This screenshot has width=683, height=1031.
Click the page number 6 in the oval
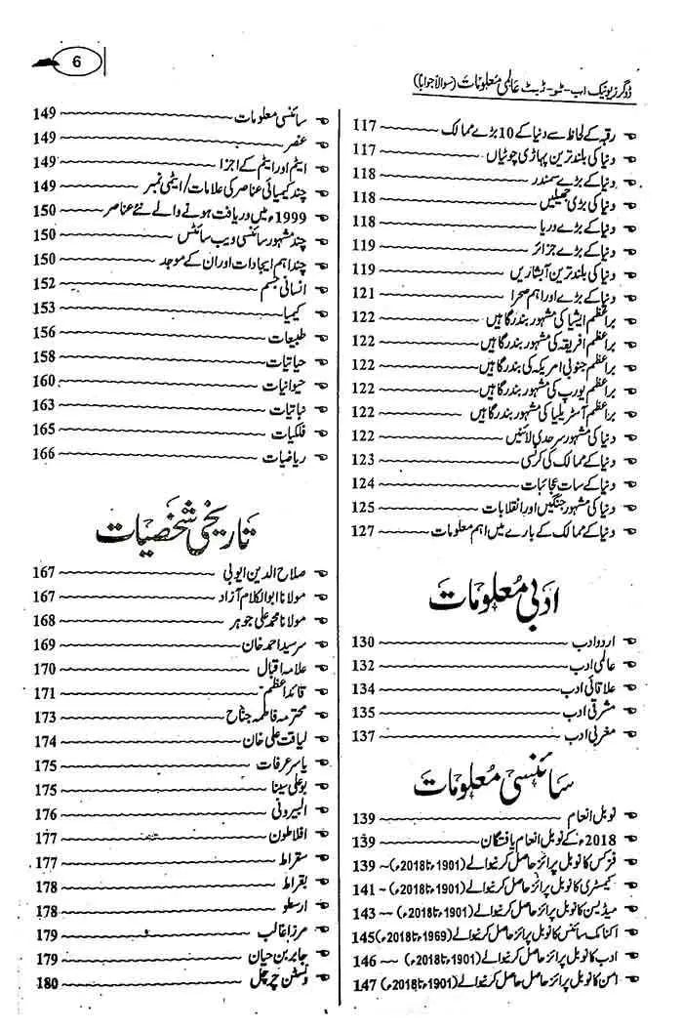click(77, 61)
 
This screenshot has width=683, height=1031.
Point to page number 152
click(45, 283)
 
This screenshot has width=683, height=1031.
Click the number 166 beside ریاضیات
click(45, 453)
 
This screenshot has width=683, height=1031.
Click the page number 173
click(45, 717)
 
